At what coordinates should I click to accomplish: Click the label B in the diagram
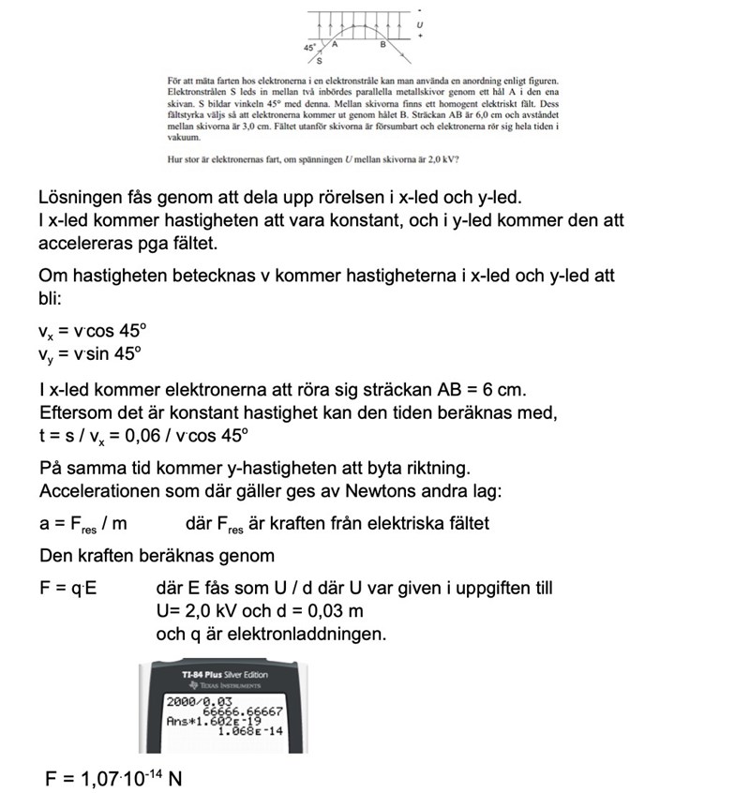coord(382,44)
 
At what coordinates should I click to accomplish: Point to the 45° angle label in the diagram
coord(309,46)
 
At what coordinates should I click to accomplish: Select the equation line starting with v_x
coord(93,330)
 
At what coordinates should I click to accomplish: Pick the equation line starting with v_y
coord(92,353)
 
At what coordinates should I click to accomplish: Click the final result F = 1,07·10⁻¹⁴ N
coord(114,777)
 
